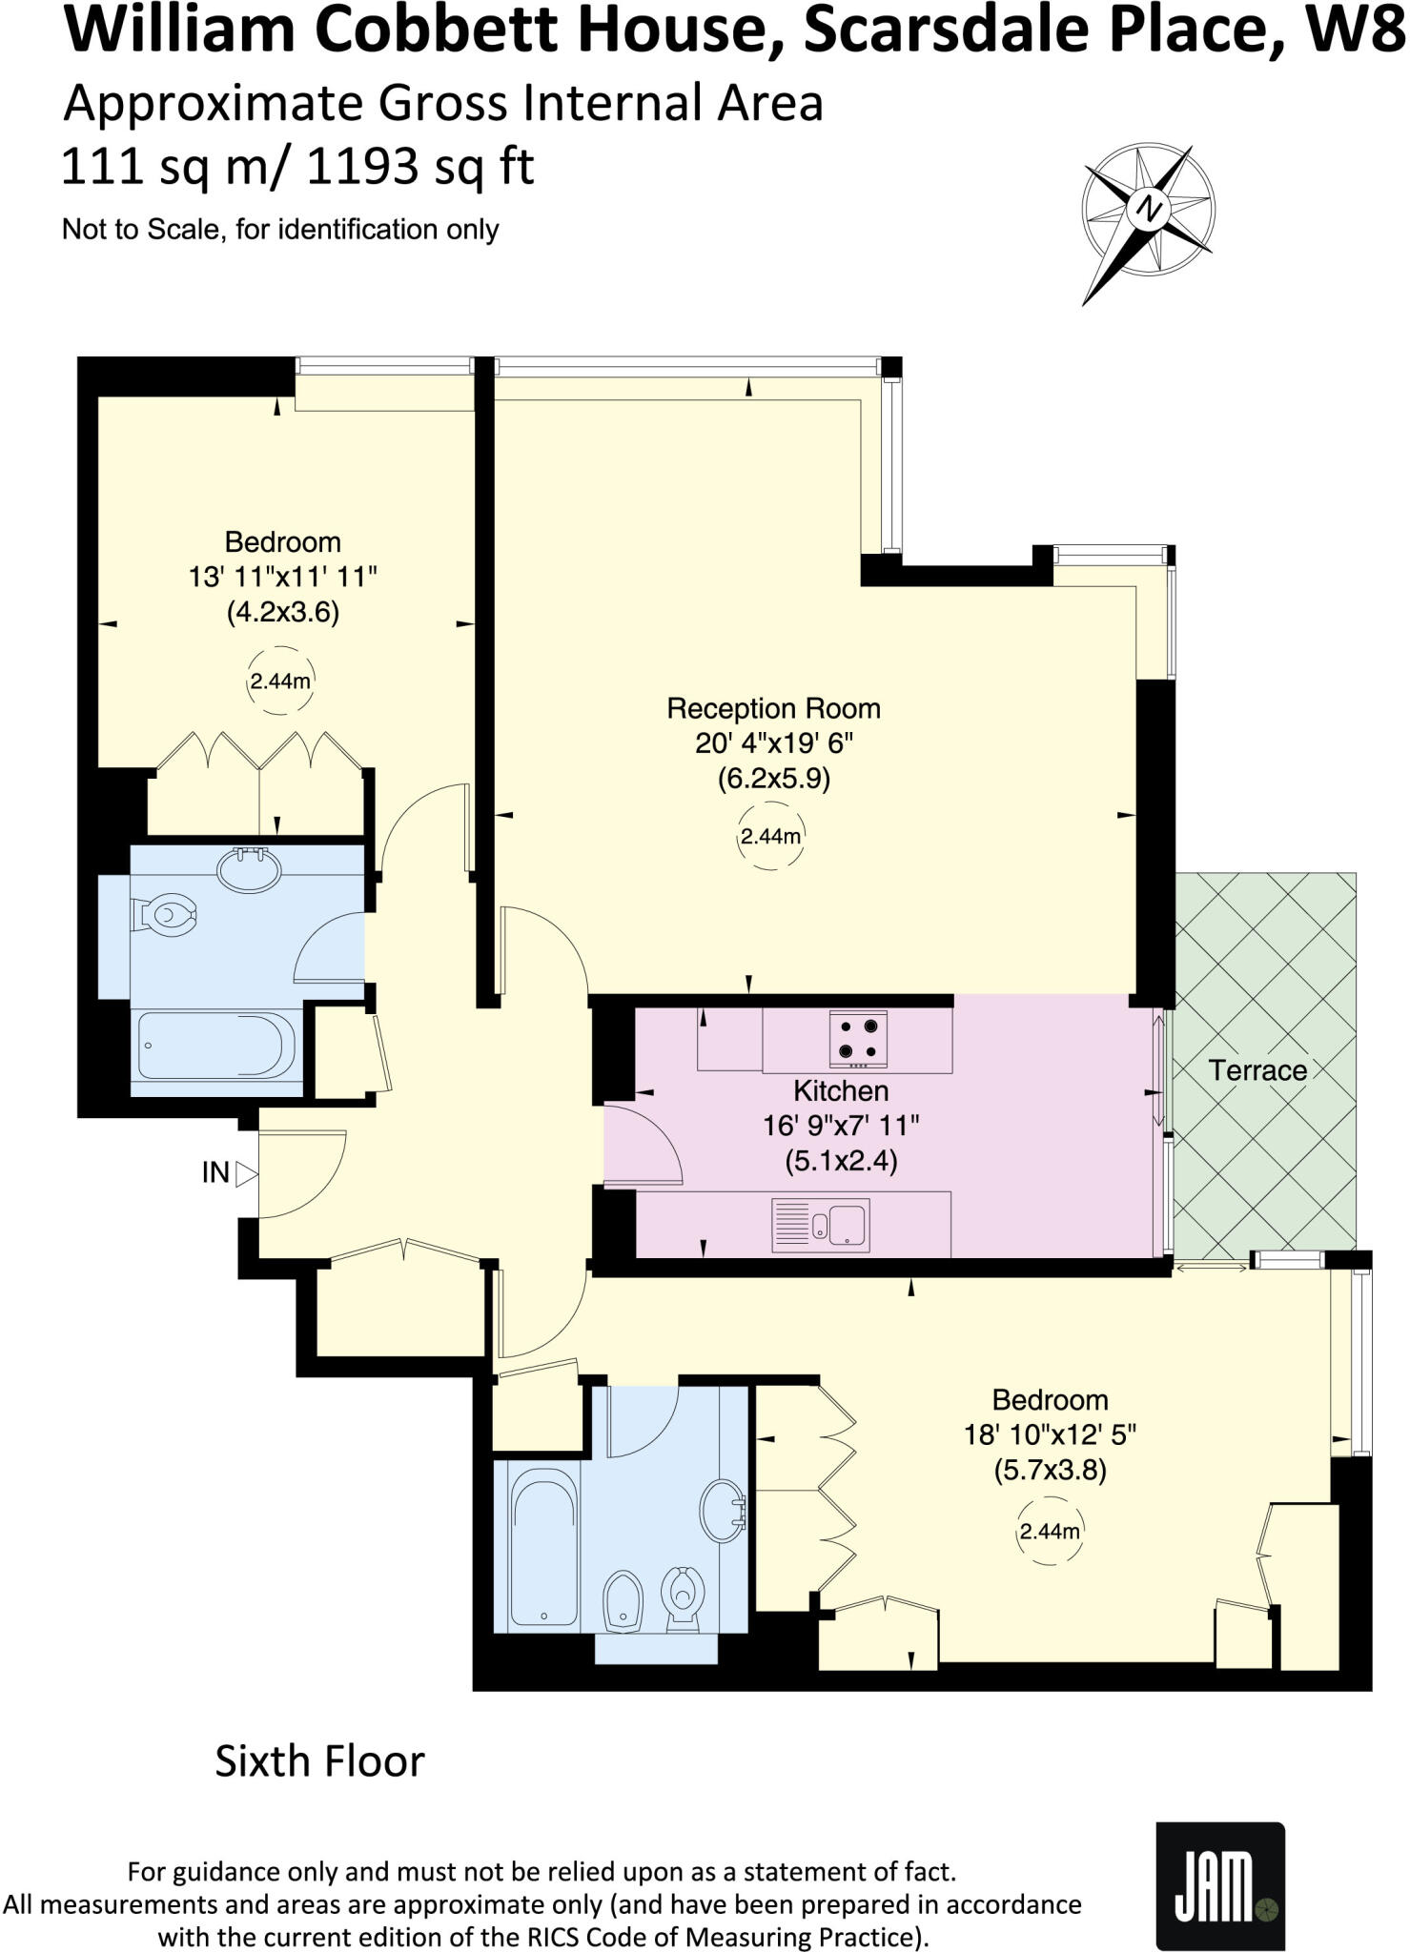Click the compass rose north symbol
point(1149,209)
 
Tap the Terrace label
point(1257,1070)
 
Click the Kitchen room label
point(841,1090)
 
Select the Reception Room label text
point(772,708)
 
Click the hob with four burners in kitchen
point(857,1039)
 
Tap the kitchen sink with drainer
point(820,1225)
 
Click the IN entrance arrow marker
point(246,1173)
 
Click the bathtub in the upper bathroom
point(217,1046)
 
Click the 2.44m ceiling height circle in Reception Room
point(770,837)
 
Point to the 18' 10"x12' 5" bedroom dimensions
point(1050,1434)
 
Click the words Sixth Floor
point(319,1761)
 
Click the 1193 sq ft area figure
point(419,168)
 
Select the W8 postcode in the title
point(1344,30)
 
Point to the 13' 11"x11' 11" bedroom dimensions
point(283,577)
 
